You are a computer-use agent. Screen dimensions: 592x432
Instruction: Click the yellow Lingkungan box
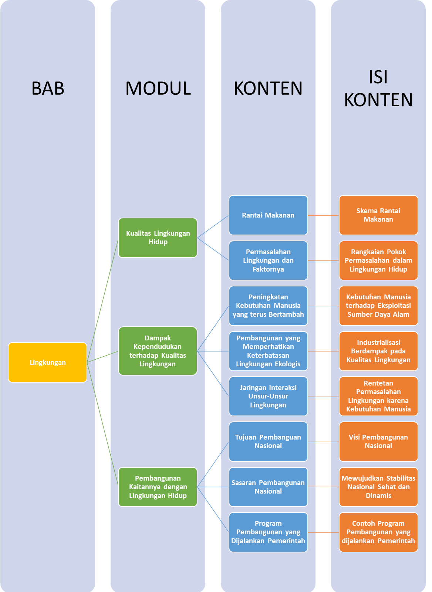pyautogui.click(x=47, y=362)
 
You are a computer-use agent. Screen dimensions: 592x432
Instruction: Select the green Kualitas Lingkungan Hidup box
pyautogui.click(x=158, y=238)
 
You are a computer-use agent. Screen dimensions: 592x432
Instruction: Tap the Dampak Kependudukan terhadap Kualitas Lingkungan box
pyautogui.click(x=158, y=351)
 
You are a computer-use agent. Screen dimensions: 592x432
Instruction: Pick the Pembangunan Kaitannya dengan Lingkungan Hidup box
pyautogui.click(x=158, y=487)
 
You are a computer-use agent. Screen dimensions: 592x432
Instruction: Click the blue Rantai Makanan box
pyautogui.click(x=268, y=215)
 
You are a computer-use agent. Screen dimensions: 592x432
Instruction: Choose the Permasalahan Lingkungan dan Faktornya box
pyautogui.click(x=268, y=260)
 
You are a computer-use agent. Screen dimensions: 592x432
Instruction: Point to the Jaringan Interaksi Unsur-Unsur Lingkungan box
pyautogui.click(x=268, y=396)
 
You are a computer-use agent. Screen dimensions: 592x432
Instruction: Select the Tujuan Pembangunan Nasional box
pyautogui.click(x=268, y=441)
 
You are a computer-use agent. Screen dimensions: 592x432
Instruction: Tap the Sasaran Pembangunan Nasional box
pyautogui.click(x=268, y=487)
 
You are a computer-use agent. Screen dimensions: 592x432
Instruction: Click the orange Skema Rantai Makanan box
pyautogui.click(x=378, y=215)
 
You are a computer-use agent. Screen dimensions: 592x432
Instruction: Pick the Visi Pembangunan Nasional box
pyautogui.click(x=378, y=441)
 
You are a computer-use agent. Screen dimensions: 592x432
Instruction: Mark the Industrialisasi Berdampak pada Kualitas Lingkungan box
pyautogui.click(x=378, y=351)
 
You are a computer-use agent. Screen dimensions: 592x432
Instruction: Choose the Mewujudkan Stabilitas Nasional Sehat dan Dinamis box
pyautogui.click(x=378, y=487)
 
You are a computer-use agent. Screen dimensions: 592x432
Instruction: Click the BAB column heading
pyautogui.click(x=48, y=88)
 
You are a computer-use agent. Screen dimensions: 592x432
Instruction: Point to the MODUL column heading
pyautogui.click(x=158, y=88)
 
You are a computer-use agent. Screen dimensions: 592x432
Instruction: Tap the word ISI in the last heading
pyautogui.click(x=378, y=77)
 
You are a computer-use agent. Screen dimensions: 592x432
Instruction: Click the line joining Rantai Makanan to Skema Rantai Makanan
pyautogui.click(x=323, y=215)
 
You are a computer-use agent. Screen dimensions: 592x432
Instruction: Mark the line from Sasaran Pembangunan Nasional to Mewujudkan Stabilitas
pyautogui.click(x=323, y=487)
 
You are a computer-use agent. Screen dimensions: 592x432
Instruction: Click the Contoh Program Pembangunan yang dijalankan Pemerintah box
pyautogui.click(x=378, y=532)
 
